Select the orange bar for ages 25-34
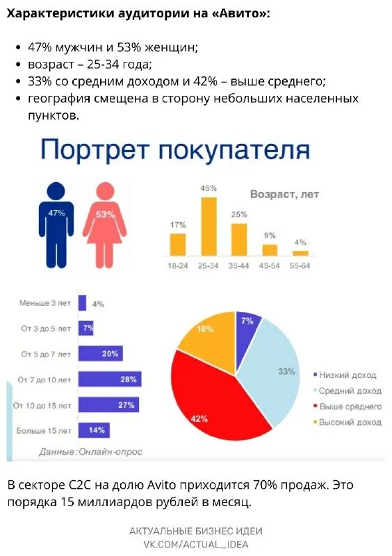[209, 227]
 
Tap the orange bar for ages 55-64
[300, 253]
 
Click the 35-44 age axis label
[239, 266]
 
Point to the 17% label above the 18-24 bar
[178, 224]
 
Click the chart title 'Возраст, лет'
[284, 195]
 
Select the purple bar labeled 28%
[110, 379]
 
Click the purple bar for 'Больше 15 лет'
[94, 430]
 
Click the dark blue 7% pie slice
[247, 324]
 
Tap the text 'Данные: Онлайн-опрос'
[90, 452]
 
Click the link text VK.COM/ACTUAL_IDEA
[196, 544]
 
